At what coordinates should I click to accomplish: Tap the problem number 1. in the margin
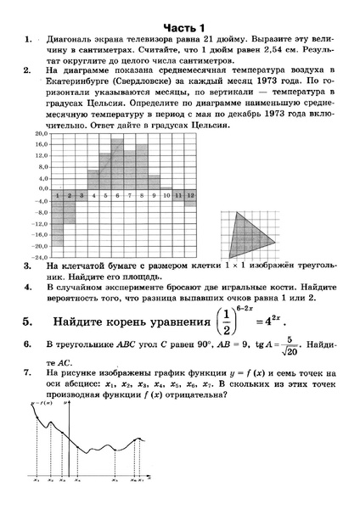click(30, 39)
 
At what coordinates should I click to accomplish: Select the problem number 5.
click(29, 322)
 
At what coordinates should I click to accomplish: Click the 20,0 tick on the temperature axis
click(40, 135)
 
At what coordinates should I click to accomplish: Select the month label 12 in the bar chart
click(190, 195)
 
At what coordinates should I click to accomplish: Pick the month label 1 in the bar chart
click(57, 195)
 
